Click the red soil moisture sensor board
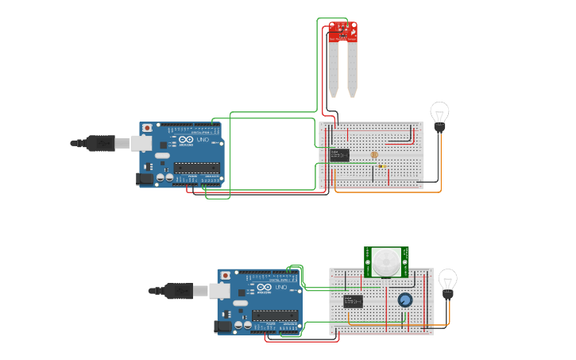(343, 32)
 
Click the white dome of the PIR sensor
(387, 261)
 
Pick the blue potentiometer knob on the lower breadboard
(405, 300)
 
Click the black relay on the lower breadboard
(354, 301)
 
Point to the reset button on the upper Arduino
(148, 127)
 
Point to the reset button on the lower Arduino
(226, 275)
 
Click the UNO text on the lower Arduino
(281, 287)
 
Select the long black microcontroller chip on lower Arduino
(276, 315)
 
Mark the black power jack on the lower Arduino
(223, 326)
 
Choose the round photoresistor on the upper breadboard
(374, 155)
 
